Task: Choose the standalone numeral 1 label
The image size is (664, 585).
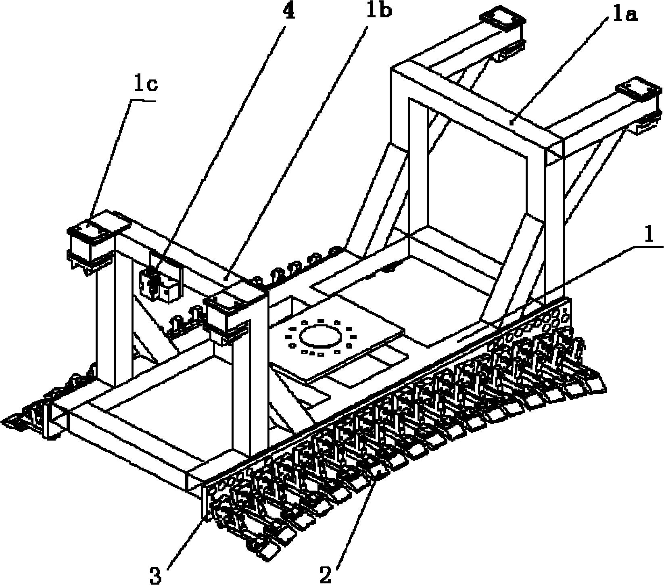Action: tap(648, 236)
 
